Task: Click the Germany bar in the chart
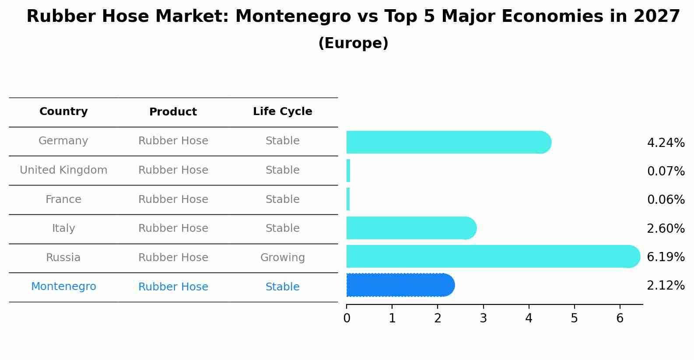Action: [x=446, y=142]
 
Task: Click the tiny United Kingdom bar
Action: [x=348, y=171]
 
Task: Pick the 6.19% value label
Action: [x=666, y=257]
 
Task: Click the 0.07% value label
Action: [x=666, y=171]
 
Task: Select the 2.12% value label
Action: [x=666, y=286]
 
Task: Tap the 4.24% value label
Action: [x=666, y=143]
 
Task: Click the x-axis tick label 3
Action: [x=483, y=318]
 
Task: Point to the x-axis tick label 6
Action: [x=620, y=318]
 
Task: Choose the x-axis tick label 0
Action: [x=347, y=318]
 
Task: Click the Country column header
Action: [x=63, y=112]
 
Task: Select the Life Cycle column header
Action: [x=282, y=112]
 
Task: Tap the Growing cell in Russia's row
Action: [x=282, y=258]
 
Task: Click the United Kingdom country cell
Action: [x=63, y=170]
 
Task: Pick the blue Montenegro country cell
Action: [x=63, y=287]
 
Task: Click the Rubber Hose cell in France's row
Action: [x=173, y=199]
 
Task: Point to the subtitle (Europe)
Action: [x=353, y=43]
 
